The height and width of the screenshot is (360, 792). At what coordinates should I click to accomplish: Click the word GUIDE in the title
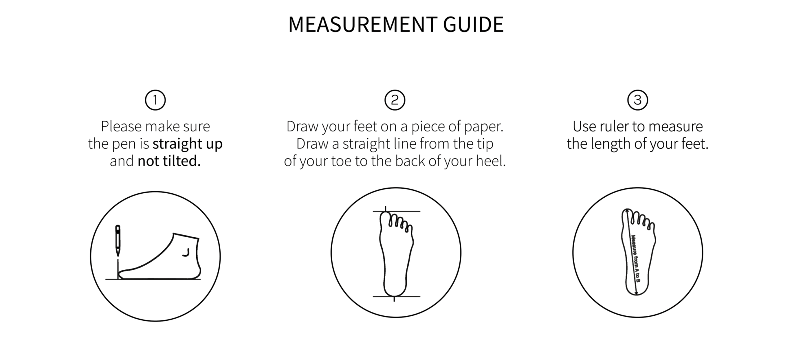[x=473, y=24]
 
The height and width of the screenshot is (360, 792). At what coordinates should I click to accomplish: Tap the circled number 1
[x=155, y=100]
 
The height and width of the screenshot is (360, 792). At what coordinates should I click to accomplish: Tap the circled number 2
[x=395, y=100]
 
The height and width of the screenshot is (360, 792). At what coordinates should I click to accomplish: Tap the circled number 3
[x=638, y=100]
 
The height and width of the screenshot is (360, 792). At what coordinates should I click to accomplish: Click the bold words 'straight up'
[x=188, y=144]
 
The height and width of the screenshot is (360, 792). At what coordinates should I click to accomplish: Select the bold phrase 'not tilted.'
[x=169, y=161]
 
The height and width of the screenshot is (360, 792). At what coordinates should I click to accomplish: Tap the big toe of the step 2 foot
[x=386, y=218]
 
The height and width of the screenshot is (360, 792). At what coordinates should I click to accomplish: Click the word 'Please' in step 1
[x=121, y=126]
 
